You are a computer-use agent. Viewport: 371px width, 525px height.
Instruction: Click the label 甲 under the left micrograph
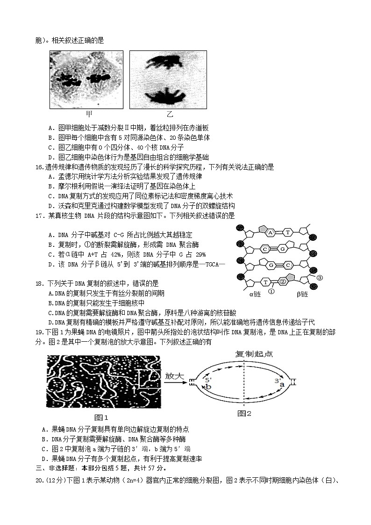[x=89, y=114]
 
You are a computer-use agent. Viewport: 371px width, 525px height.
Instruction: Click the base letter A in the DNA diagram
[x=270, y=232]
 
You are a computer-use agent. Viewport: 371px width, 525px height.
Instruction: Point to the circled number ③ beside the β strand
[x=320, y=278]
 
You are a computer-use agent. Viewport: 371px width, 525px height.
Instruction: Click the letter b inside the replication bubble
[x=209, y=387]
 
